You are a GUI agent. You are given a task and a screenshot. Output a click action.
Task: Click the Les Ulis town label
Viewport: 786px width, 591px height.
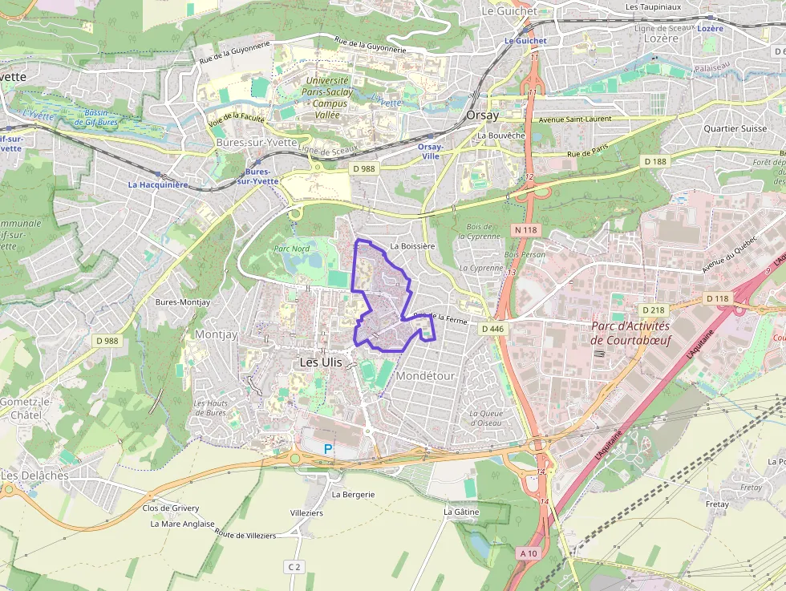320,362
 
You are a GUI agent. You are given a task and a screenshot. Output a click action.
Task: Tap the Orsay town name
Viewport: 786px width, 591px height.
482,115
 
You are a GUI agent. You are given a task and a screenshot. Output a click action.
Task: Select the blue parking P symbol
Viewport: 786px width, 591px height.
327,449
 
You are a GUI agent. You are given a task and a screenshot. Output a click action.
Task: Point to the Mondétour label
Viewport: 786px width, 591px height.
425,376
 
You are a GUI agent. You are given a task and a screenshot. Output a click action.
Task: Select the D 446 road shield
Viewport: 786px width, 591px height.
492,329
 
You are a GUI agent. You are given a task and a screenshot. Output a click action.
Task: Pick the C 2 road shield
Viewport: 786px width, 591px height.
294,567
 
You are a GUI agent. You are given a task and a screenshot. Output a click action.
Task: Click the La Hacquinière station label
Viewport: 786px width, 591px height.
158,184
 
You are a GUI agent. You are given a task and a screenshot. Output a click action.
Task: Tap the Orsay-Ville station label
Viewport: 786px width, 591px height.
430,152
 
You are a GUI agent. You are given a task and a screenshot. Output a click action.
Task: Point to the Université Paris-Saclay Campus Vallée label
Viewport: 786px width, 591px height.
326,97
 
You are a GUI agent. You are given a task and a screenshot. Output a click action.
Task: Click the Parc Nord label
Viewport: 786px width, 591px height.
291,249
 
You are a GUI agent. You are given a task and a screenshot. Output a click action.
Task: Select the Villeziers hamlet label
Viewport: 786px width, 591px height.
306,512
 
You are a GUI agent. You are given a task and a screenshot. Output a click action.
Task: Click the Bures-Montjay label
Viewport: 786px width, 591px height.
183,302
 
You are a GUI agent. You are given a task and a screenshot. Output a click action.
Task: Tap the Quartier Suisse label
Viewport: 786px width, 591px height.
735,128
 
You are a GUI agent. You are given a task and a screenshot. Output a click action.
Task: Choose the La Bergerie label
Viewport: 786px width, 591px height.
353,495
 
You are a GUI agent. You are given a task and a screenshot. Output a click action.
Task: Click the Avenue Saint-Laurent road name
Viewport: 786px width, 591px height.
574,119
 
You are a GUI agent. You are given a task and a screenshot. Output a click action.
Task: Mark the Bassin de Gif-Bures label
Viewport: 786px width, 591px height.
96,117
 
